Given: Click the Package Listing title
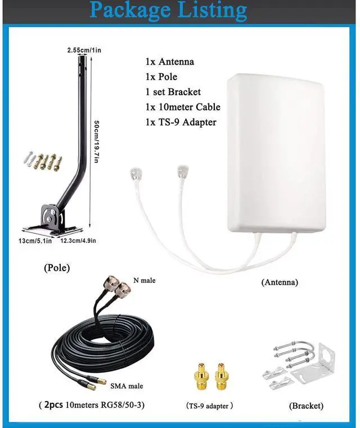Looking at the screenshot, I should pos(168,11).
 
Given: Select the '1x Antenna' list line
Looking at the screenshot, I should pos(169,62).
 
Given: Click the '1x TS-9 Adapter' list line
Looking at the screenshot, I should pos(180,122).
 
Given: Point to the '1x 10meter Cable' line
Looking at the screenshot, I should pos(182,107).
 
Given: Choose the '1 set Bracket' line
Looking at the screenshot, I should pos(173,92).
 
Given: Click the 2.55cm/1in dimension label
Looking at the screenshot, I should pos(84,50).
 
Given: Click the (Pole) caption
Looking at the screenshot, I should pos(57,268).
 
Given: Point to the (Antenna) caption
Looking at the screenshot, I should pos(280,282).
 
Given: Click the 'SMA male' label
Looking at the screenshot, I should pos(127,386).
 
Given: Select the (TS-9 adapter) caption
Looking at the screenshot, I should pos(209,406).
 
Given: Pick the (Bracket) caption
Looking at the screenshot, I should pos(306,406).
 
